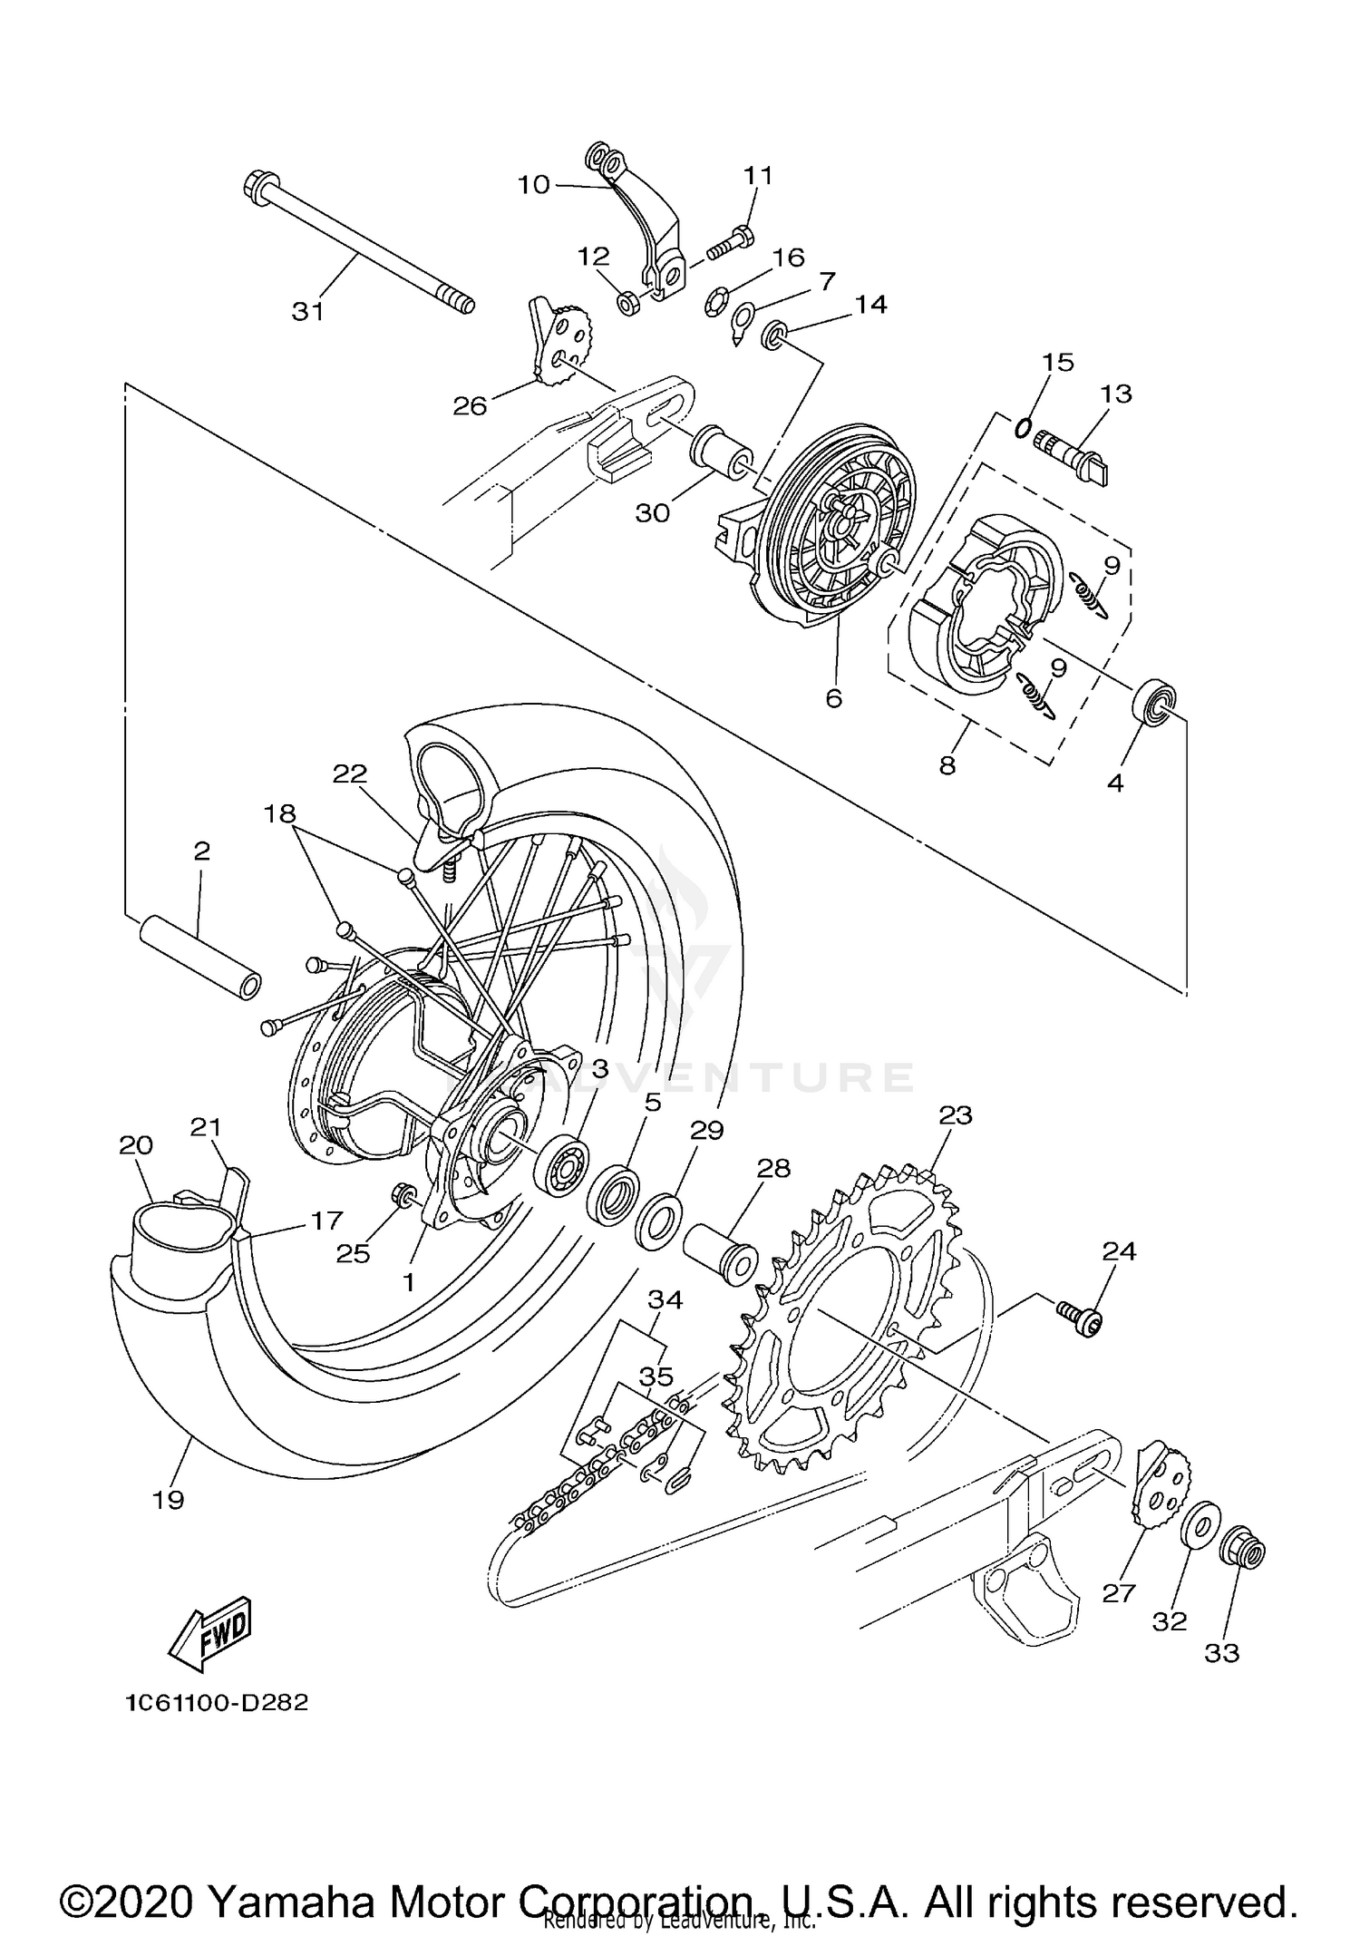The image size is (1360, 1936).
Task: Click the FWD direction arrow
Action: click(x=210, y=1635)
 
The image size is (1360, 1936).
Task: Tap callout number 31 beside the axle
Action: click(x=308, y=311)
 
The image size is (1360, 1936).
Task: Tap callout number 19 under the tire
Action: click(x=169, y=1500)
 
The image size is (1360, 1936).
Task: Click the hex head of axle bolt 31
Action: click(x=256, y=186)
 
